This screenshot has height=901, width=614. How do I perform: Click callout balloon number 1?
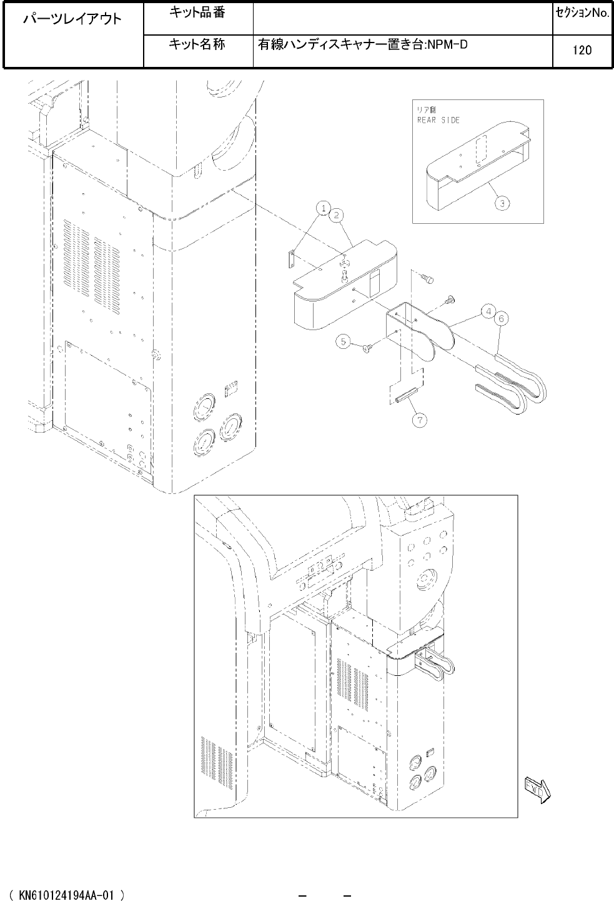(324, 208)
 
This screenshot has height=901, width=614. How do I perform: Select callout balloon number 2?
(336, 215)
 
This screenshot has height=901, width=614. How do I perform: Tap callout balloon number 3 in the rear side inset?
(502, 204)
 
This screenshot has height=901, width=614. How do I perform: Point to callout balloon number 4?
(488, 312)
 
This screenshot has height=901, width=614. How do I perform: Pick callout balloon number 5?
(343, 342)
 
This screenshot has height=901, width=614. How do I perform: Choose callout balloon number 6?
(501, 319)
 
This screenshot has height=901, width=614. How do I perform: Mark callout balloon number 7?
(420, 420)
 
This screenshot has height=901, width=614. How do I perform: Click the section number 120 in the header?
(582, 50)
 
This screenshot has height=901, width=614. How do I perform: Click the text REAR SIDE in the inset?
(438, 120)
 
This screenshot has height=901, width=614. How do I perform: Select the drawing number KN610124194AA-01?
(66, 895)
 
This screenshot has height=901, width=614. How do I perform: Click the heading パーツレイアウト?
(72, 19)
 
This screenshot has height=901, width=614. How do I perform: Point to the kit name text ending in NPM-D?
(363, 44)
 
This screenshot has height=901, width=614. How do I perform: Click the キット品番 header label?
(197, 13)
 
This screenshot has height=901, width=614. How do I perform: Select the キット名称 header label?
(197, 44)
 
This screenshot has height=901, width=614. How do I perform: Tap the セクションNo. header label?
(583, 13)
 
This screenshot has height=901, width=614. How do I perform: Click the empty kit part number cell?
(403, 19)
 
